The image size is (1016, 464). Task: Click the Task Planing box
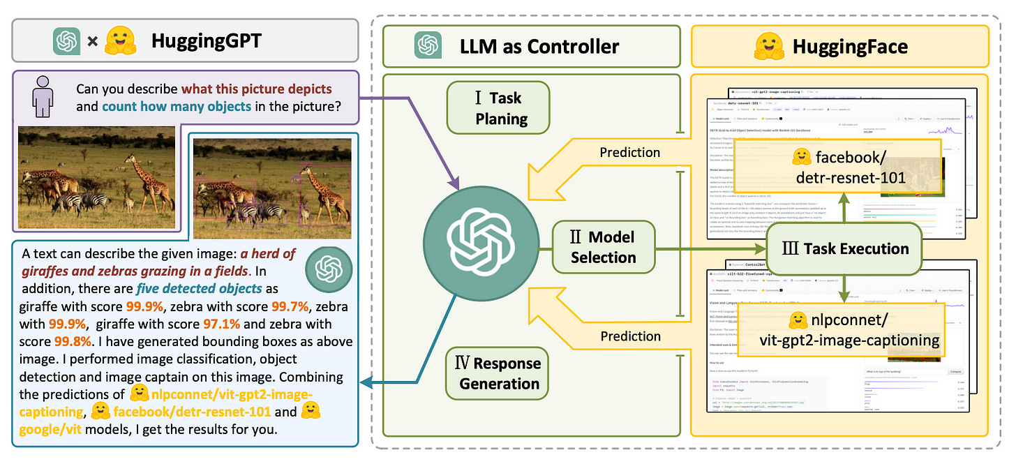[498, 108]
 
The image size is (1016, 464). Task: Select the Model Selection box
[603, 248]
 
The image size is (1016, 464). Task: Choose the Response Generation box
[498, 373]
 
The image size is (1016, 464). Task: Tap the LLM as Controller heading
[539, 47]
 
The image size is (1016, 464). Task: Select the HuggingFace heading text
[850, 47]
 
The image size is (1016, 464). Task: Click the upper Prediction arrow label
[630, 152]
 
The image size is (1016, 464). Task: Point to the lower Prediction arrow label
[630, 337]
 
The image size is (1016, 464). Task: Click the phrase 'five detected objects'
[199, 288]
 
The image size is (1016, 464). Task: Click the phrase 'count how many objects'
[176, 107]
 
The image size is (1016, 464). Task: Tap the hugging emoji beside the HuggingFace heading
[770, 47]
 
